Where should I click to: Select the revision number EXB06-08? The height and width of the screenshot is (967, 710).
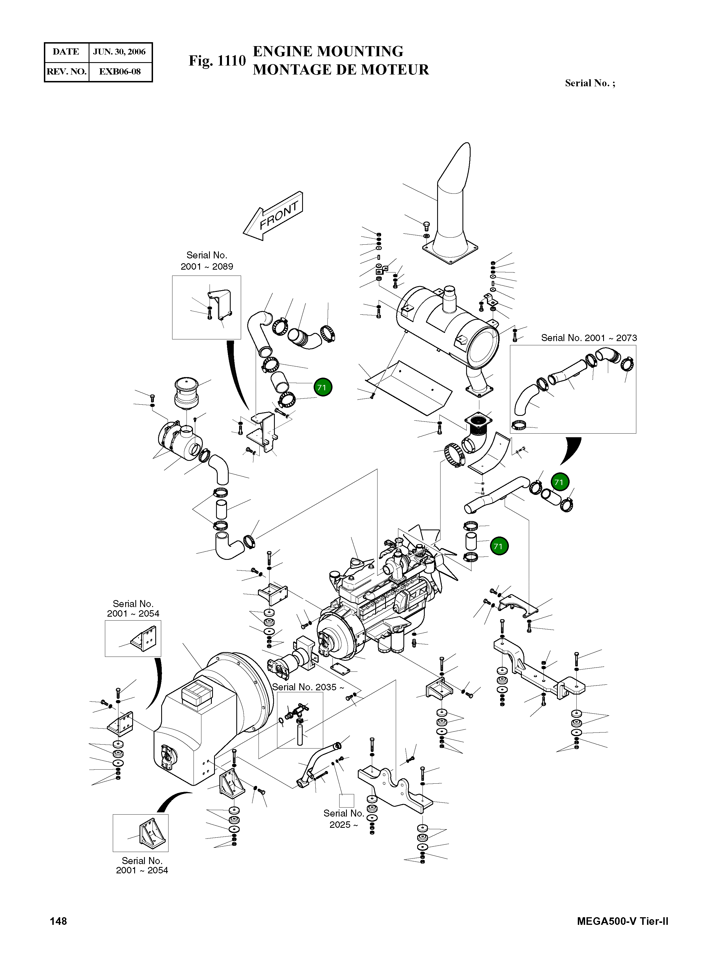coord(120,72)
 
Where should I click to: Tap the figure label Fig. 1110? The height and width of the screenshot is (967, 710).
coord(217,61)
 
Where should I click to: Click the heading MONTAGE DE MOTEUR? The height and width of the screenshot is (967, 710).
coord(340,69)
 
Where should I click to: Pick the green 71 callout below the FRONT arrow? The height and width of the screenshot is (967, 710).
coord(322,387)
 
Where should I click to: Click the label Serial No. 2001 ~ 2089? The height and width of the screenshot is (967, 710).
coord(207,261)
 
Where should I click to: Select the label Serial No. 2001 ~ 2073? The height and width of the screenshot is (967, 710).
coord(588,338)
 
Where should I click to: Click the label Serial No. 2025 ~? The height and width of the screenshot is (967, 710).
coord(343,819)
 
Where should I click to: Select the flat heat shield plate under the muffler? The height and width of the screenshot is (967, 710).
coord(408,387)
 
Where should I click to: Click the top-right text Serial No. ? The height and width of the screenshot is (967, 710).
coord(590,83)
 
